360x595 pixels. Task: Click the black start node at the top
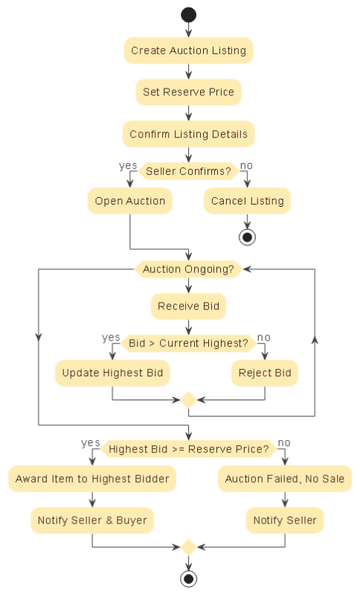click(188, 15)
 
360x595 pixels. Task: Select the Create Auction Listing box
click(188, 51)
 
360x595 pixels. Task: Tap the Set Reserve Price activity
click(188, 92)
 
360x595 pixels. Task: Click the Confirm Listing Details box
click(188, 135)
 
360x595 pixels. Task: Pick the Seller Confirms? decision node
click(188, 172)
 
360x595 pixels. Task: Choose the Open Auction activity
click(130, 201)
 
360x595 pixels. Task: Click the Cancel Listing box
click(247, 201)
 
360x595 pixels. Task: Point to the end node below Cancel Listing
click(247, 237)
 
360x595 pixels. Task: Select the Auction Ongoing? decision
click(188, 269)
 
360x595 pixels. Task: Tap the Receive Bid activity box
click(188, 306)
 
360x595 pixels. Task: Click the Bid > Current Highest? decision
click(188, 343)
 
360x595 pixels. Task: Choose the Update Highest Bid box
click(112, 373)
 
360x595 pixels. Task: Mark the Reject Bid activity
click(264, 373)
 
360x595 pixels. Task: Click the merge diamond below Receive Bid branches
click(188, 400)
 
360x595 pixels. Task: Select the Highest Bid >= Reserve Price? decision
click(188, 449)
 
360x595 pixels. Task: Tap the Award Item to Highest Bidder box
click(92, 479)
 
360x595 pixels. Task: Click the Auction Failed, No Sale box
click(284, 479)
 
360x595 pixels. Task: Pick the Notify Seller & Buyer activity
click(92, 521)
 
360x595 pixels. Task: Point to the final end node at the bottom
click(188, 579)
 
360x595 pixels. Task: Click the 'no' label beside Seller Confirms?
click(246, 165)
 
